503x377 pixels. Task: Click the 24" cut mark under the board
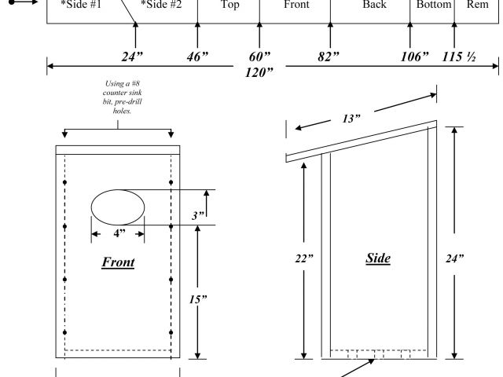(x=132, y=57)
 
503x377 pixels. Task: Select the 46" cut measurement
(x=197, y=57)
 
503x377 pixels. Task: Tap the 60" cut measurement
(x=259, y=57)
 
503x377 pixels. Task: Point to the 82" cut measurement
(x=329, y=57)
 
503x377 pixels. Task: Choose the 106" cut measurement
(x=414, y=57)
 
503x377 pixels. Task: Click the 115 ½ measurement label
(x=459, y=57)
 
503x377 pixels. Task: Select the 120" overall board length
(x=259, y=72)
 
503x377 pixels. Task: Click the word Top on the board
(x=230, y=5)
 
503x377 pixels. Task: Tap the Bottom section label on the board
(x=434, y=5)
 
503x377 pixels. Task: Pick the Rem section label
(x=478, y=5)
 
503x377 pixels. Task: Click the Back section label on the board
(x=374, y=5)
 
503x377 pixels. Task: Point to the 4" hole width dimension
(x=119, y=233)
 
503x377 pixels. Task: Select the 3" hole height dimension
(x=198, y=215)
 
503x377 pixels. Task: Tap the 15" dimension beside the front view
(x=198, y=299)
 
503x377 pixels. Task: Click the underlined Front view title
(x=118, y=262)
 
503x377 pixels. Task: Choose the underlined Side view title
(x=378, y=258)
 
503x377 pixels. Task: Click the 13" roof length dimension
(x=351, y=119)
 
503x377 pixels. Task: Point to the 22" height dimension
(x=304, y=258)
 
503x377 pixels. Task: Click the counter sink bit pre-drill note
(x=123, y=97)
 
